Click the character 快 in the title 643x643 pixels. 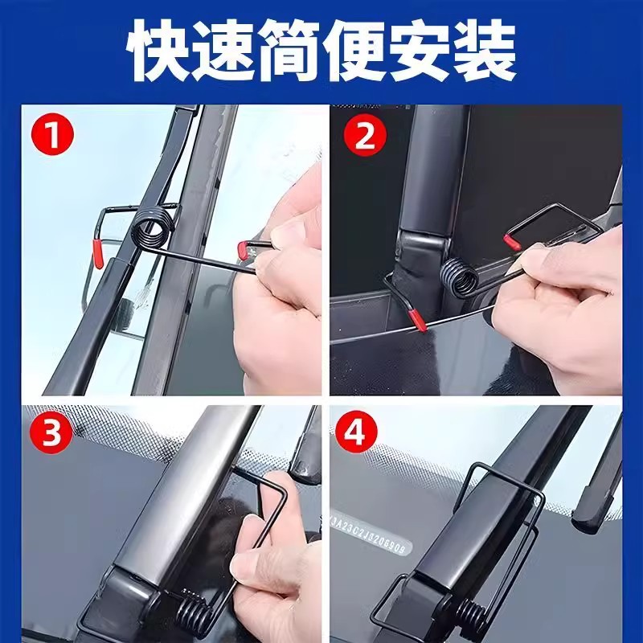click(161, 50)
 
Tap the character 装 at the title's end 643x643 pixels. click(482, 50)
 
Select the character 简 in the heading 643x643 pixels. click(289, 50)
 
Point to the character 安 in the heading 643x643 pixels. click(418, 50)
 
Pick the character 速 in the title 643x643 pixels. click(225, 50)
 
